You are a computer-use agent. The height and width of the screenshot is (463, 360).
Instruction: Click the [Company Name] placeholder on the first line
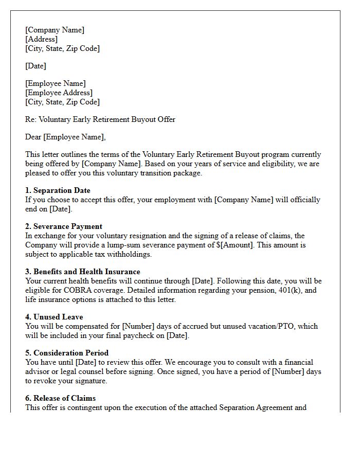pyautogui.click(x=55, y=30)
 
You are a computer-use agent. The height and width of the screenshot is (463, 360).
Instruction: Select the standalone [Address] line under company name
pyautogui.click(x=41, y=39)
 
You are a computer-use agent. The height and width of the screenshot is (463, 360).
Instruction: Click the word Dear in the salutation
pyautogui.click(x=33, y=137)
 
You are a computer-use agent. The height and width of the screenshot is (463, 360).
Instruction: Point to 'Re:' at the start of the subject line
pyautogui.click(x=31, y=119)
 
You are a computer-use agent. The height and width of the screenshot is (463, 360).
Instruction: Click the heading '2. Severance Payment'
pyautogui.click(x=64, y=226)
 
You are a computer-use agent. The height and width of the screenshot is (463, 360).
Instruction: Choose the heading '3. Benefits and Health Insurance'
pyautogui.click(x=82, y=272)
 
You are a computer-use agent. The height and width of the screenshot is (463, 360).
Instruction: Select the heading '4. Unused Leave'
pyautogui.click(x=54, y=317)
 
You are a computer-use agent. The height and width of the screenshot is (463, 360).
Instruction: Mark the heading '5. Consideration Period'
pyautogui.click(x=67, y=353)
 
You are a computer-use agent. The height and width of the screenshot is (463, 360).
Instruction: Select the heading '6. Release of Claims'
pyautogui.click(x=60, y=398)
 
